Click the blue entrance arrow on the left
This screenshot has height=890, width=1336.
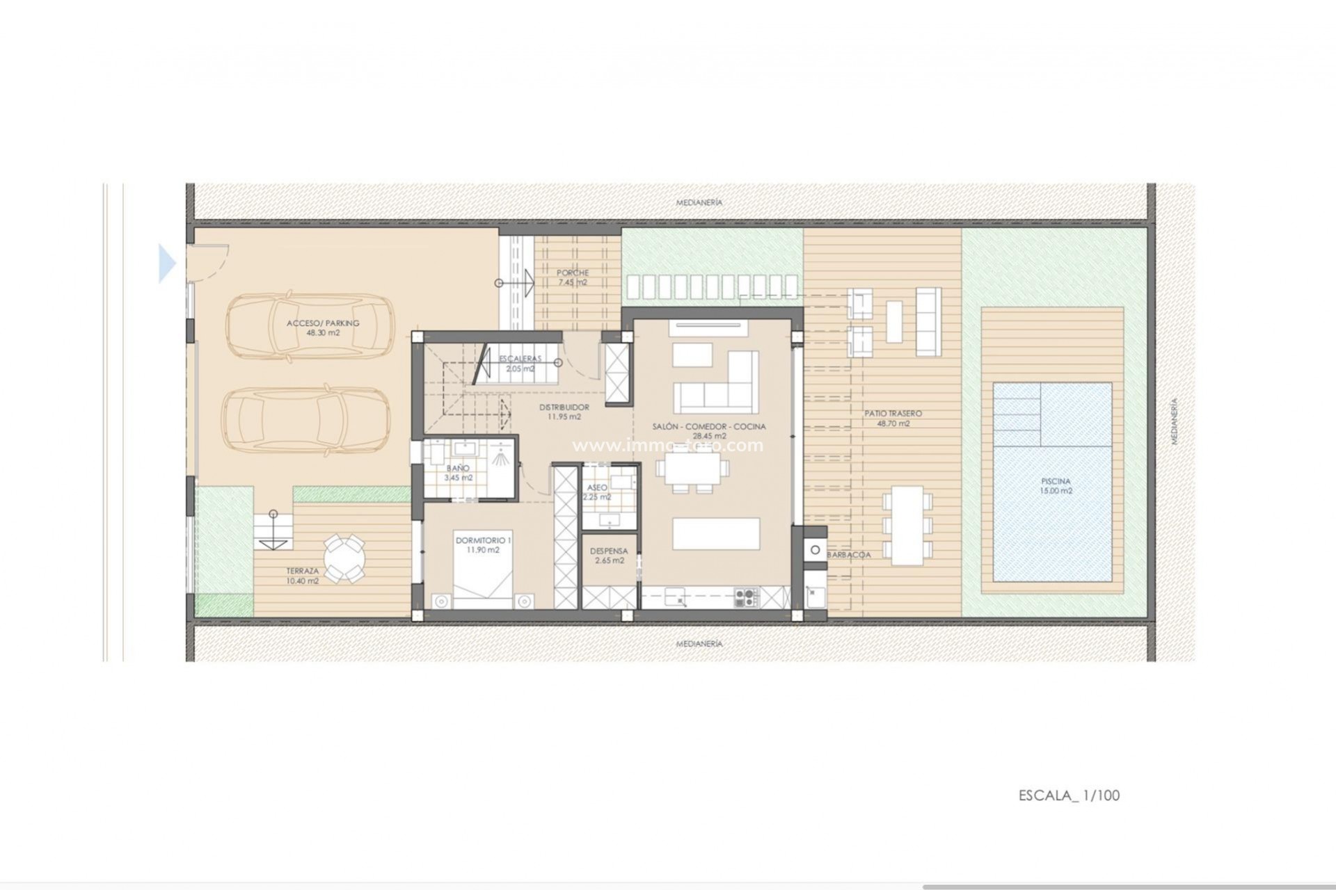167,264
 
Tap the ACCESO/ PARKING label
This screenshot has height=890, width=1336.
323,328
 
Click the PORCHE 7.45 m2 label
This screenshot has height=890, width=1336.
572,277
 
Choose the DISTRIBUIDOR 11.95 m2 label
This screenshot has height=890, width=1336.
564,412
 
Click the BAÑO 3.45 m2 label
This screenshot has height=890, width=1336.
458,473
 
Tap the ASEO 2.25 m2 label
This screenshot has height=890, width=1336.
597,492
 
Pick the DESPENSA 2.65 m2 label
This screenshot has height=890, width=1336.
609,556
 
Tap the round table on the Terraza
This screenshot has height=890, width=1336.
344,557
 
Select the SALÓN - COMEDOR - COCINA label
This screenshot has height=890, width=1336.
709,431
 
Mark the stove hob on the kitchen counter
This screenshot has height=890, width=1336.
745,596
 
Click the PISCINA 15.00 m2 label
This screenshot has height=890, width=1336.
1056,485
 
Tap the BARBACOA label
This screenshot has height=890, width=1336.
849,555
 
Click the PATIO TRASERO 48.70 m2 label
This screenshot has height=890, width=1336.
893,418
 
